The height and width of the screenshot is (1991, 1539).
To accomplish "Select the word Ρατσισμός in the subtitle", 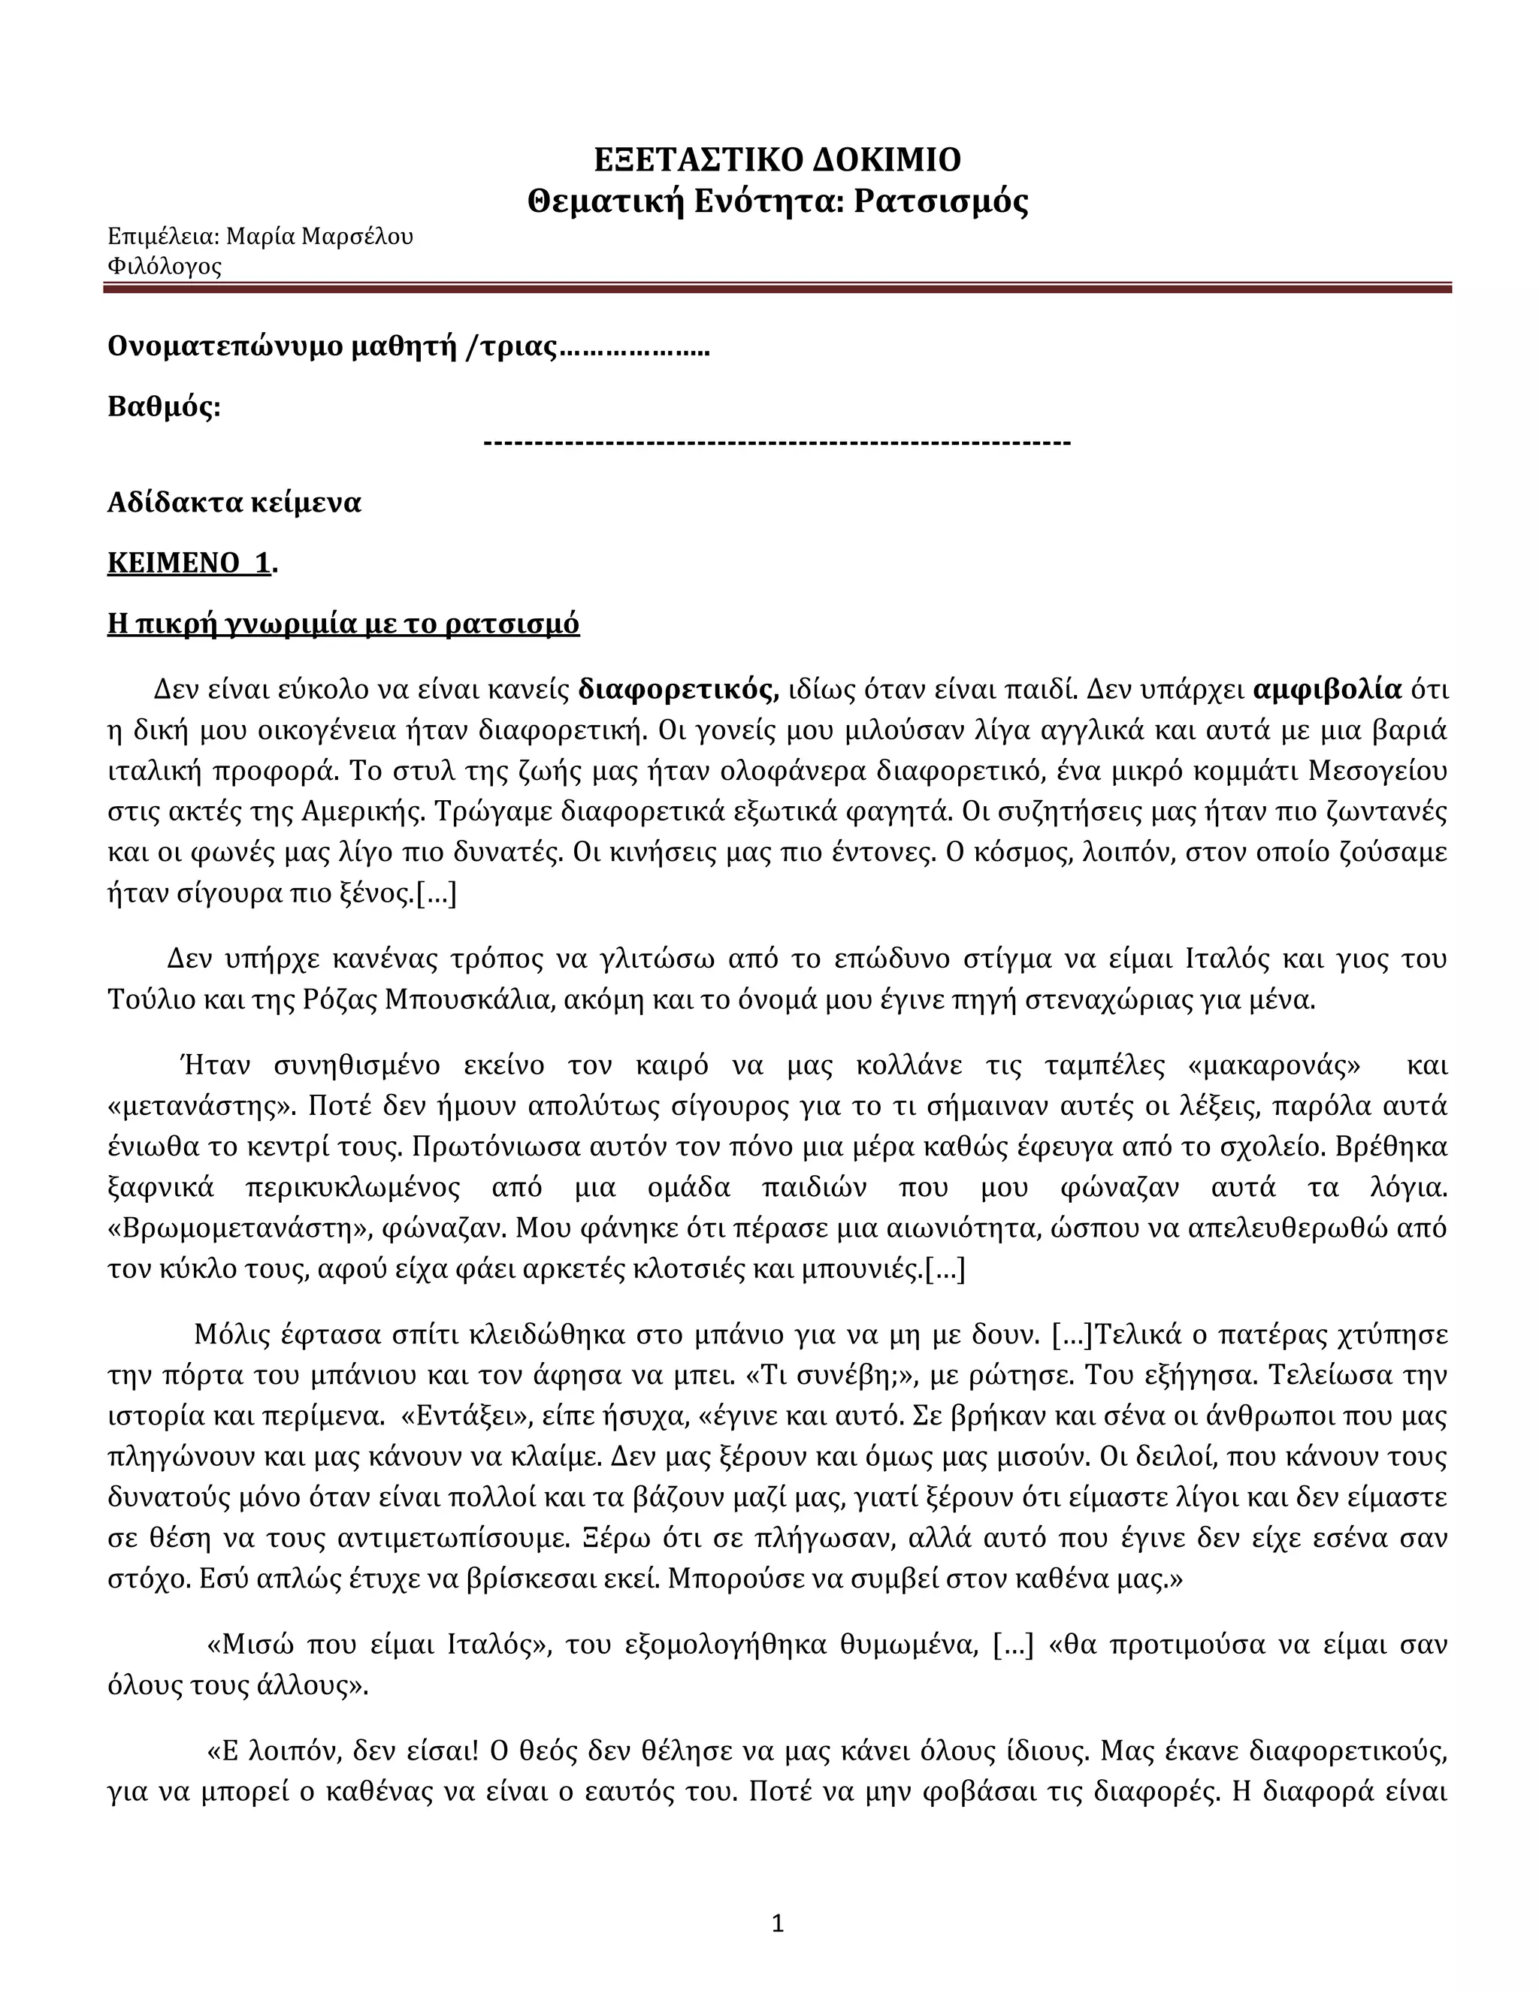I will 940,201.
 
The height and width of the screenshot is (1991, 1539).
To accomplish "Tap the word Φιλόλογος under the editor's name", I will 164,267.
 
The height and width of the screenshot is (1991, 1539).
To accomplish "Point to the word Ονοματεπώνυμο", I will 226,346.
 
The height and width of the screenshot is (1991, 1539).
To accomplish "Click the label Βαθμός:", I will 164,406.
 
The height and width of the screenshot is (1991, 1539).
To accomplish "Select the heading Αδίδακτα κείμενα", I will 234,503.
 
